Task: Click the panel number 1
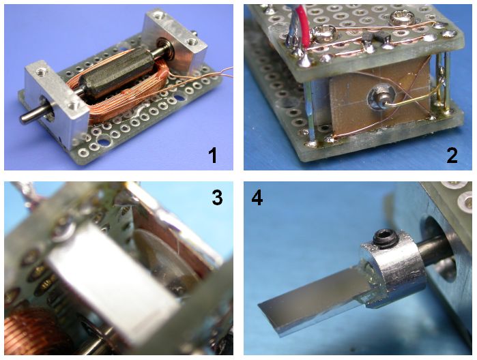coord(212,155)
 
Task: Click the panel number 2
coord(452,155)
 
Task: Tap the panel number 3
coord(217,197)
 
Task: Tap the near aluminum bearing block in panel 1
coord(56,104)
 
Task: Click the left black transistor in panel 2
coord(368,40)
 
